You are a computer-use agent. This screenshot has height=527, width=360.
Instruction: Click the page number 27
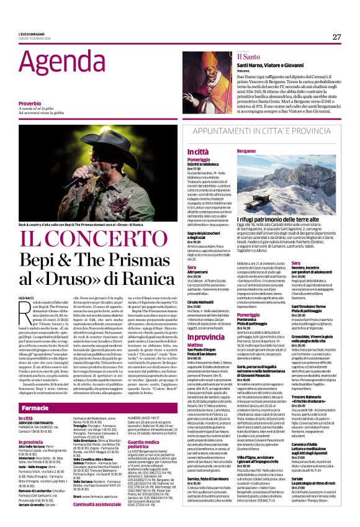pyautogui.click(x=336, y=37)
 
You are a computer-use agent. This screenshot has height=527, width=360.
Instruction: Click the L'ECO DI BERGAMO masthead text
pyautogui.click(x=31, y=34)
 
